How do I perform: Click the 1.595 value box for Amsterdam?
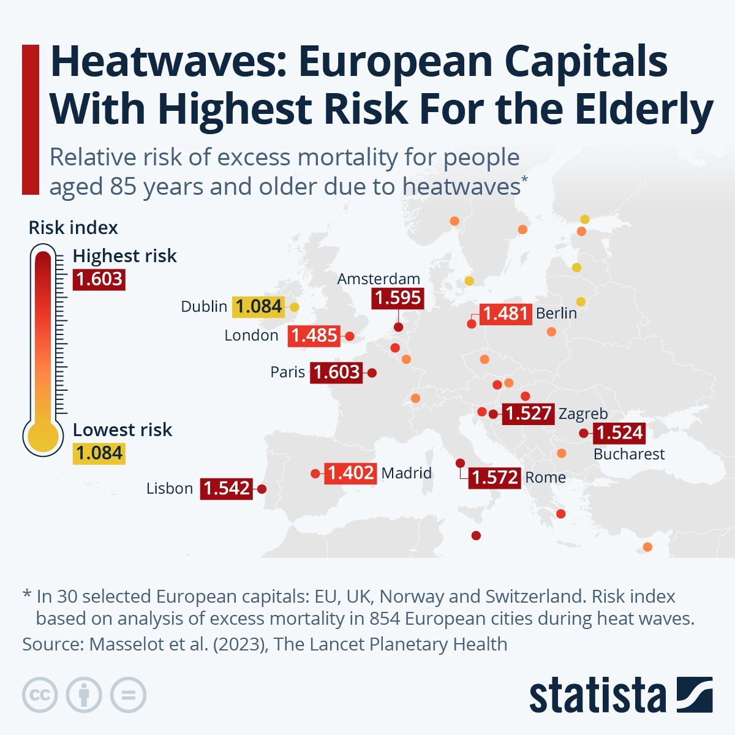[x=398, y=298]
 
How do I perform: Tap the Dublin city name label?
[x=204, y=306]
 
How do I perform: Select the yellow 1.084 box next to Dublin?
[x=258, y=306]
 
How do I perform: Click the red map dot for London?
[x=350, y=336]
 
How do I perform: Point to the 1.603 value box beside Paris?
[x=336, y=372]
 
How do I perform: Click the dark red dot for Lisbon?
[x=262, y=489]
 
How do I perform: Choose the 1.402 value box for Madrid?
[x=350, y=473]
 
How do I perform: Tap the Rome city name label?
[x=545, y=477]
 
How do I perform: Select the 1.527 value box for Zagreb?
[x=528, y=413]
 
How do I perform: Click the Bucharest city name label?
[x=628, y=454]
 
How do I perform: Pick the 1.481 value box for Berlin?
[x=505, y=314]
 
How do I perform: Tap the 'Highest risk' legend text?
[x=124, y=255]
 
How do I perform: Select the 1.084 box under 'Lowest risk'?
[x=99, y=453]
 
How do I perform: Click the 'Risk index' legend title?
[x=73, y=228]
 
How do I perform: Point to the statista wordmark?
[x=597, y=696]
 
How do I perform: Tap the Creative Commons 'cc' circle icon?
[x=40, y=695]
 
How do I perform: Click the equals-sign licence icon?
[x=128, y=695]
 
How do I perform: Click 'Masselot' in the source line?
[x=128, y=644]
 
